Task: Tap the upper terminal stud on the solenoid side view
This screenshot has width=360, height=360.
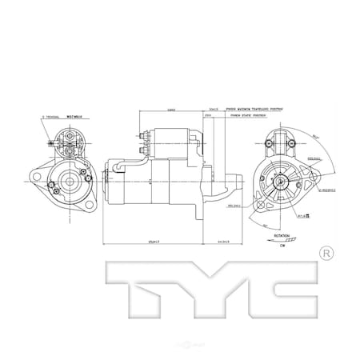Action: (x=143, y=134)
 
